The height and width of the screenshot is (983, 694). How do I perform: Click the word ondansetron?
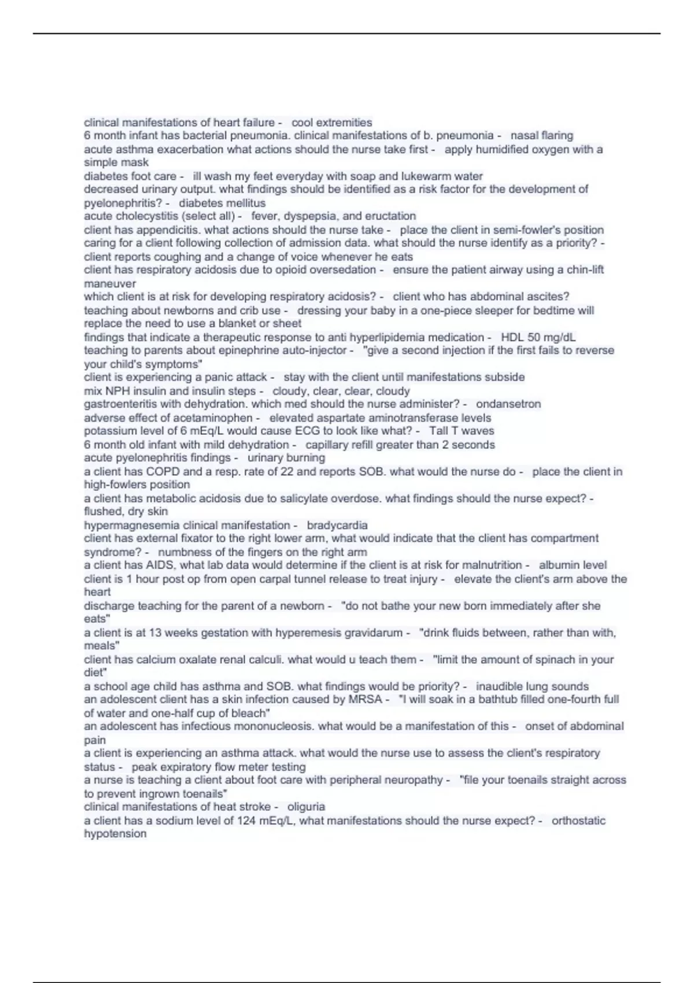tap(508, 404)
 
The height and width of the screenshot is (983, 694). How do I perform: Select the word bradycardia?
tap(337, 526)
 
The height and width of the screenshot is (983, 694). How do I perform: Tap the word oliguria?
tap(306, 807)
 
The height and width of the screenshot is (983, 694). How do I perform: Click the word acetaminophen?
tap(216, 418)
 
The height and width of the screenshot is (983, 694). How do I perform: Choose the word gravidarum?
tap(374, 633)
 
